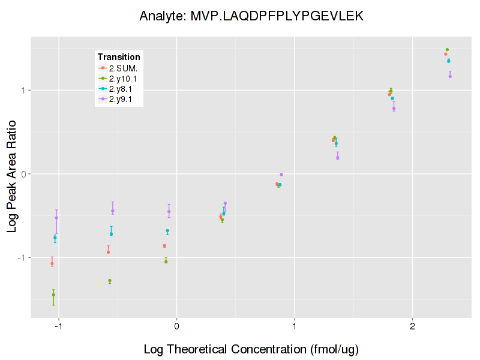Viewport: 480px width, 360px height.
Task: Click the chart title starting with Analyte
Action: click(x=251, y=16)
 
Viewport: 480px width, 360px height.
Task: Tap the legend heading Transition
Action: click(x=119, y=57)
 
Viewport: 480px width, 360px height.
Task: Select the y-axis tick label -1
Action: click(x=22, y=257)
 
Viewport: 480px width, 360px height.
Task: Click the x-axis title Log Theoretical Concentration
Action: click(x=251, y=349)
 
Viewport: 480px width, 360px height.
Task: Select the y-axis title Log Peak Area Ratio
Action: click(x=12, y=175)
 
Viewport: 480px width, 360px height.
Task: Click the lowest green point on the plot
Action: click(x=53, y=295)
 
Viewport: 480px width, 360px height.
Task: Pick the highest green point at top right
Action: click(x=447, y=50)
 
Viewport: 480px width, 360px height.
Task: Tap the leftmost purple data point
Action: click(x=56, y=218)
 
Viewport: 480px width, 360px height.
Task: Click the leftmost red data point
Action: click(x=52, y=263)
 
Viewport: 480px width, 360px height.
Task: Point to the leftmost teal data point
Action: click(x=55, y=238)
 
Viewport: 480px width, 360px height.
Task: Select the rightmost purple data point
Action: click(x=450, y=76)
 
